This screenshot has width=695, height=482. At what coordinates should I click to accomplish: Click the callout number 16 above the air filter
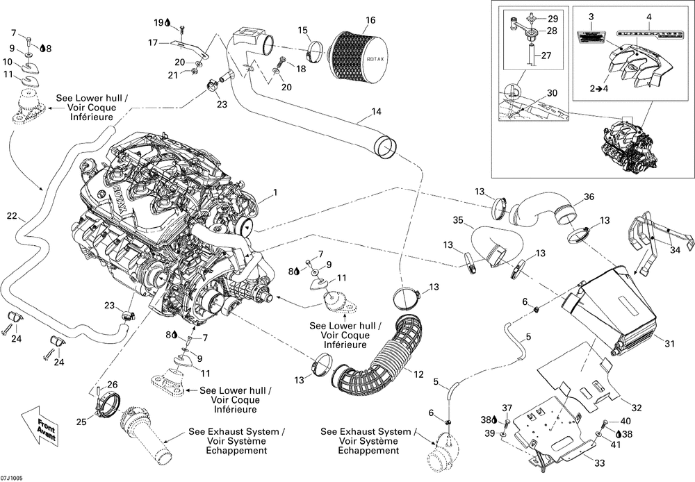[x=370, y=19]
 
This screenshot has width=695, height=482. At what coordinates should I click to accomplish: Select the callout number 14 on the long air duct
[x=376, y=112]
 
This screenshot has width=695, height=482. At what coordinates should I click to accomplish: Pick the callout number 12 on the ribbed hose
[x=419, y=375]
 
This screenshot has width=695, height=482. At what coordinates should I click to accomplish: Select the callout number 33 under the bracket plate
[x=599, y=463]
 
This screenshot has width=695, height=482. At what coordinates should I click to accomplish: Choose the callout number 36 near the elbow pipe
[x=589, y=197]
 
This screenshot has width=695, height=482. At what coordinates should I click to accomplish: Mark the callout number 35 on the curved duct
[x=458, y=220]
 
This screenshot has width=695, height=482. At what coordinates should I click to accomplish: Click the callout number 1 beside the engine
[x=275, y=192]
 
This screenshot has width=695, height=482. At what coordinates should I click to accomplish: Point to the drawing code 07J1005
[x=12, y=477]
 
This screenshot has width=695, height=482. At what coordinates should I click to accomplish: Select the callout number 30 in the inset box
[x=552, y=93]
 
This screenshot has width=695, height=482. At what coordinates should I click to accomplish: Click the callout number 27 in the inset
[x=545, y=55]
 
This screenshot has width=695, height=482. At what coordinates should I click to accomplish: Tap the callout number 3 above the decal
[x=590, y=16]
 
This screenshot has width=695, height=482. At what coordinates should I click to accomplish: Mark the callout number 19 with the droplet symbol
[x=158, y=23]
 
